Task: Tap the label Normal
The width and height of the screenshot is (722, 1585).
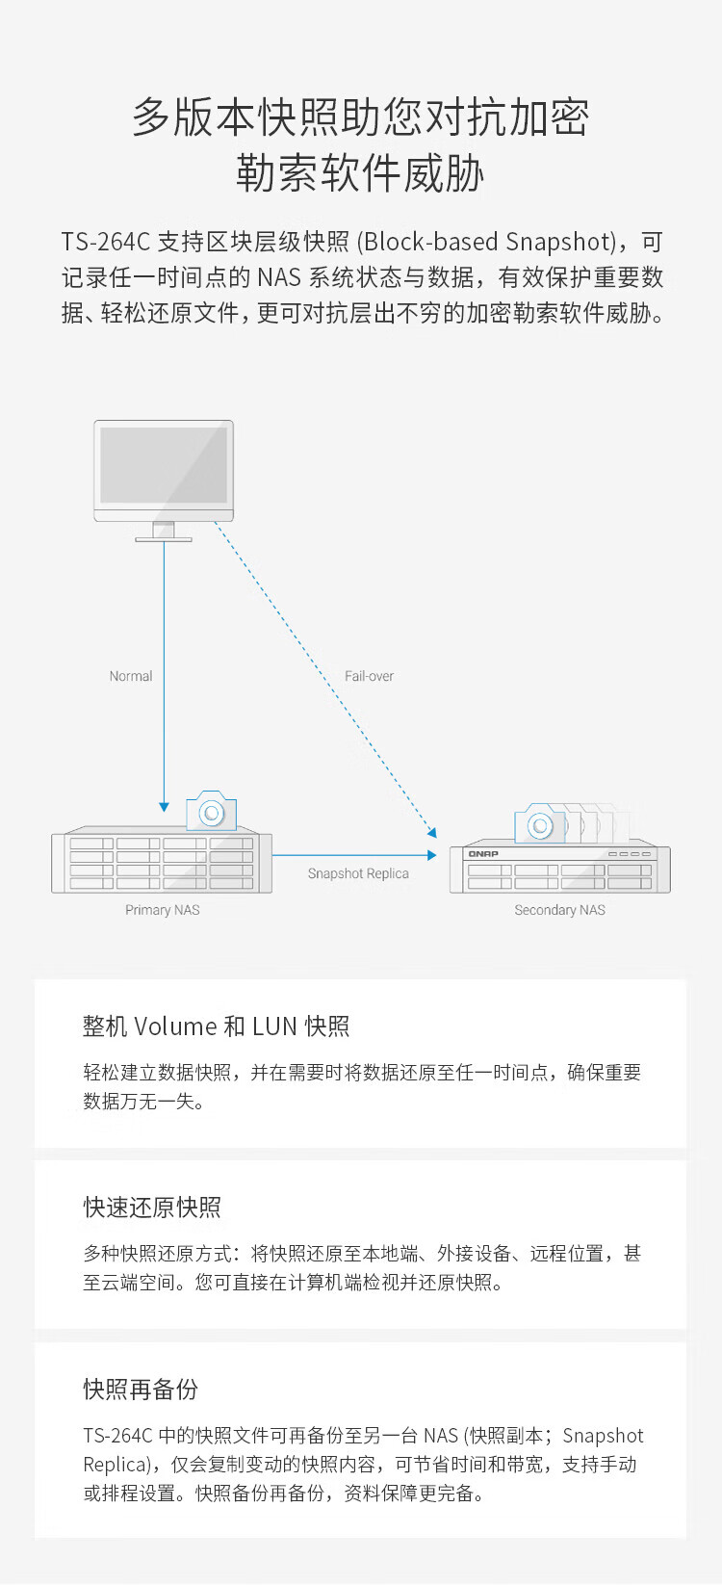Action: pos(131,676)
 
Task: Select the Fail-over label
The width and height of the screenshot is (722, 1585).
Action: pos(369,676)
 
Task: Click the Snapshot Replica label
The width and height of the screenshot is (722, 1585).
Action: pos(358,873)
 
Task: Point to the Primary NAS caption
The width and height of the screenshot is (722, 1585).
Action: pos(163,910)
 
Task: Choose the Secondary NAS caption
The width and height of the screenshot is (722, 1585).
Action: pos(559,910)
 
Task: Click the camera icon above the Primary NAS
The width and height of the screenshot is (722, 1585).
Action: pos(211,812)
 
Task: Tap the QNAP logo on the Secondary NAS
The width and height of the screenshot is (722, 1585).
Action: pos(482,854)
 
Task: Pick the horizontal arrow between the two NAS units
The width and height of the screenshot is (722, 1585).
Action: pos(354,854)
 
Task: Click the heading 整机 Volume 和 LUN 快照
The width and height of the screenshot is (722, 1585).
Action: pos(216,1026)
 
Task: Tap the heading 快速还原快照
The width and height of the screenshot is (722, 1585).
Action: pos(152,1208)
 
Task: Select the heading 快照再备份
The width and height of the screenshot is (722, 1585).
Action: pos(141,1390)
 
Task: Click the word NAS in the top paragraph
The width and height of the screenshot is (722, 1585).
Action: pos(279,277)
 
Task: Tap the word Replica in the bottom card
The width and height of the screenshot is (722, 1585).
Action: pos(116,1465)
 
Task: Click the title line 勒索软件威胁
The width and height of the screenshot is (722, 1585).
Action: pos(360,174)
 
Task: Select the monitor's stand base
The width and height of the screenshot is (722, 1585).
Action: pos(164,538)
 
